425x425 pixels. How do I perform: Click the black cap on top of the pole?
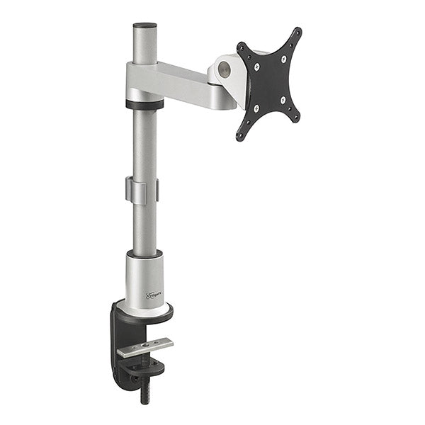click(144, 25)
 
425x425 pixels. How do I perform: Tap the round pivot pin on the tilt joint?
click(225, 69)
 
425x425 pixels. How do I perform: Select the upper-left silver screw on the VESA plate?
click(256, 67)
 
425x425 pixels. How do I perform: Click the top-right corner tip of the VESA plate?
click(298, 30)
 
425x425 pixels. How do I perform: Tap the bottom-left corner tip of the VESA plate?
click(239, 137)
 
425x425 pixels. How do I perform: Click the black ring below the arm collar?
click(144, 104)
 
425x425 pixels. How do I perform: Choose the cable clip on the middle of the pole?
click(142, 190)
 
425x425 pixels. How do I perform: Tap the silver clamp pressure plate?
click(146, 346)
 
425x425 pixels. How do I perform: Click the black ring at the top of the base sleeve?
click(144, 254)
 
